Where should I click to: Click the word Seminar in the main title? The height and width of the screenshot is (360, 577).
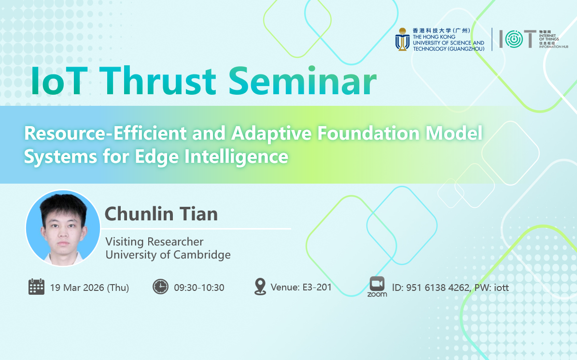[x=302, y=81]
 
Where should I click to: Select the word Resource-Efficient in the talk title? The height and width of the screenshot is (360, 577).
[x=105, y=133]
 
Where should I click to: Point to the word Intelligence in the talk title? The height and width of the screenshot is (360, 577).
[x=236, y=157]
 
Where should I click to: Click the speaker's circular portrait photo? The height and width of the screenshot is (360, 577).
[x=63, y=228]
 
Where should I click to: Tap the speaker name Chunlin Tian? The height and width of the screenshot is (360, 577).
[x=161, y=214]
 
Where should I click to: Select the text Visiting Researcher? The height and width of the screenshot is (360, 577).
[x=154, y=242]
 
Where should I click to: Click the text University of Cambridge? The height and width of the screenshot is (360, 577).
[x=168, y=255]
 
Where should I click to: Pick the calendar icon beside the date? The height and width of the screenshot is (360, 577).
[x=36, y=287]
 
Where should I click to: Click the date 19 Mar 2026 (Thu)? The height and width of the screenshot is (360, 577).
[x=89, y=288]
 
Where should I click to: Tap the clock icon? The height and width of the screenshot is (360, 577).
[x=160, y=287]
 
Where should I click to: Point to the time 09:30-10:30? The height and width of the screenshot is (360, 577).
[x=199, y=288]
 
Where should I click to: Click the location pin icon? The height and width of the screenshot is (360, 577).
[x=260, y=287]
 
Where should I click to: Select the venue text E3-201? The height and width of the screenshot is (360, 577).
[x=317, y=287]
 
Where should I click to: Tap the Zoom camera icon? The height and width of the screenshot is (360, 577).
[x=377, y=284]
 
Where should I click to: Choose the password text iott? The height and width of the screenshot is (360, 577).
[x=501, y=288]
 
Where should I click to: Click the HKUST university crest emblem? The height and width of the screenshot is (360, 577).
[x=403, y=40]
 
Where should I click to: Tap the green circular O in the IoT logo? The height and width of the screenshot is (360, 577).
[x=514, y=39]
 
